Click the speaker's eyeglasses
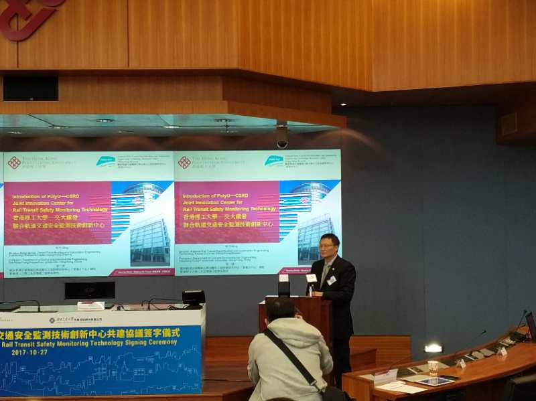click(x=328, y=246)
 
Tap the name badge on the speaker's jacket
click(x=331, y=280)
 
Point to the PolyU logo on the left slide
click(x=14, y=162)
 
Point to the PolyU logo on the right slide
click(x=184, y=162)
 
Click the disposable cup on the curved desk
click(x=433, y=368)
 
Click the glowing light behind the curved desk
click(x=433, y=348)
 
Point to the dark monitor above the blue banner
click(x=90, y=290)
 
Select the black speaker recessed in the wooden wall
click(x=30, y=88)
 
